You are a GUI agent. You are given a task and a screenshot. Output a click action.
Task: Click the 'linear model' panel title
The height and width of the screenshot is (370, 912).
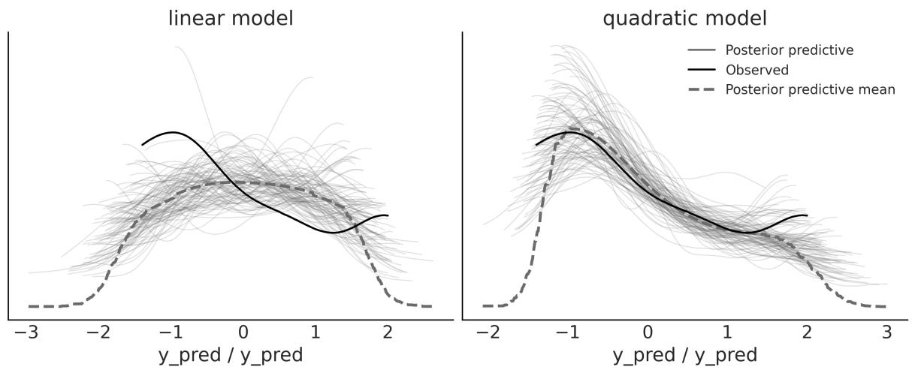tap(230, 18)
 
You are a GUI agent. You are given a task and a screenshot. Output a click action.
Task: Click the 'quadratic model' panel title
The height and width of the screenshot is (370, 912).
tap(685, 18)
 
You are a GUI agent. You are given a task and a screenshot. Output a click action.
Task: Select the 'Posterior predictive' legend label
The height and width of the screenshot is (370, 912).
tap(790, 50)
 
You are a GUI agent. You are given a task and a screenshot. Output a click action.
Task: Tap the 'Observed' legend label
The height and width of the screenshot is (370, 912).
tap(756, 70)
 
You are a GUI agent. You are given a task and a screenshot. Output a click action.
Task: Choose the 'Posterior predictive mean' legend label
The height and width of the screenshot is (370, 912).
tap(810, 89)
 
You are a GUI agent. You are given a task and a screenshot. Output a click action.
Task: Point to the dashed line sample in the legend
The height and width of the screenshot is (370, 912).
tap(702, 89)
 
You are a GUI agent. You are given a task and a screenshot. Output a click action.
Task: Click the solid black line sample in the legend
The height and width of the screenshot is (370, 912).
tap(702, 70)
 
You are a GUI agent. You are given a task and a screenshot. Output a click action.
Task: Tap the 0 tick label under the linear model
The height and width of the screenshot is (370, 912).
tap(243, 331)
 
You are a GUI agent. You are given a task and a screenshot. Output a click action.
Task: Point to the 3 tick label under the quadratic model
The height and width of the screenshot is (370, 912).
tap(886, 331)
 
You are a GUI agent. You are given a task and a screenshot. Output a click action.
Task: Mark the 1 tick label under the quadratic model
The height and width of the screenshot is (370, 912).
tap(727, 331)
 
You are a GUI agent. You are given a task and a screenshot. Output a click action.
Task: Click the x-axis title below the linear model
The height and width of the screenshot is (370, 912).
tap(230, 354)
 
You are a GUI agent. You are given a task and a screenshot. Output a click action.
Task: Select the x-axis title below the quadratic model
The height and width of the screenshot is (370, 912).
tap(684, 354)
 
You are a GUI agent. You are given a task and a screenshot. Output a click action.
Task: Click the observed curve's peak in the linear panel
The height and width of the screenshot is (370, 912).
tap(174, 132)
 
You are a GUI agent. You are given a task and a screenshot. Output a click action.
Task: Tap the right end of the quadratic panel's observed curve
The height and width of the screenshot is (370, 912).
tap(807, 215)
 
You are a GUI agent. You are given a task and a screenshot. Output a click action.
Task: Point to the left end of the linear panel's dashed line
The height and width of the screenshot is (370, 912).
tap(29, 306)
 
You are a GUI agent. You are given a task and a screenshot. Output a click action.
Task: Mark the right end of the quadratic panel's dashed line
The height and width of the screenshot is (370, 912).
tap(886, 306)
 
